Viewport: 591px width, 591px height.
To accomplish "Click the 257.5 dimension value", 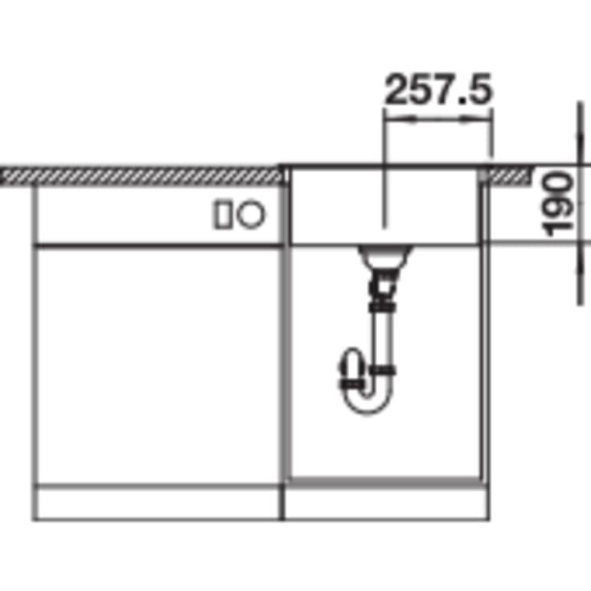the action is [x=438, y=89].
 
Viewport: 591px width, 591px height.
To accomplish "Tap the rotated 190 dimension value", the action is [x=557, y=204].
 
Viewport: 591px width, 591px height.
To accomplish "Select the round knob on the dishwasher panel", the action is [x=251, y=214].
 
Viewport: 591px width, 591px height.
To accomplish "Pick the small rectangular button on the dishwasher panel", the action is [x=224, y=214].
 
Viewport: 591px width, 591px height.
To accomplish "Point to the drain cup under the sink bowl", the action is [x=384, y=257].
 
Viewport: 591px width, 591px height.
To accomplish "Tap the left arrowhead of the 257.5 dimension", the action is [x=400, y=120].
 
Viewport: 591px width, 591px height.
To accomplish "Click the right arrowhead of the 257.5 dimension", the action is [x=476, y=120].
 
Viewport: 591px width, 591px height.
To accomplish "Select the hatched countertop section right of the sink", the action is [x=507, y=176].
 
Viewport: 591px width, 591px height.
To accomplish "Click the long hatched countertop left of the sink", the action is [x=142, y=176].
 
